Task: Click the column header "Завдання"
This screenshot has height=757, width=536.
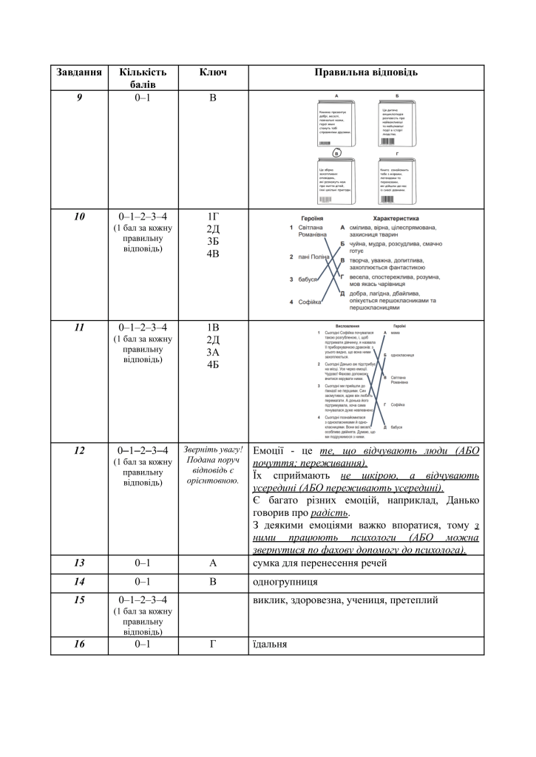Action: (x=78, y=72)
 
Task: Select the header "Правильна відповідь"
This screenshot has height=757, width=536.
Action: (x=366, y=72)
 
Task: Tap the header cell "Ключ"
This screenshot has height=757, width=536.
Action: (x=213, y=72)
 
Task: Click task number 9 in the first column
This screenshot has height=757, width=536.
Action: (x=79, y=97)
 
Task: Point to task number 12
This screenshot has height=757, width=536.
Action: (x=79, y=449)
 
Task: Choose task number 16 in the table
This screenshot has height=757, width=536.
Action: (x=79, y=644)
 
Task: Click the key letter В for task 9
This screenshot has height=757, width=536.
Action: (x=213, y=97)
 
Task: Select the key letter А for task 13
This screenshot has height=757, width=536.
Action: (x=213, y=563)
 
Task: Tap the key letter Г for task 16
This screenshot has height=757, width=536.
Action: (x=213, y=644)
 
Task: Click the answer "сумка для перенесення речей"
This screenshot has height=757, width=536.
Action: (x=319, y=563)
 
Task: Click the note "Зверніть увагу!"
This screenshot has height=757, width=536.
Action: (x=213, y=449)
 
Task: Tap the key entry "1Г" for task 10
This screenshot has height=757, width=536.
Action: (x=213, y=217)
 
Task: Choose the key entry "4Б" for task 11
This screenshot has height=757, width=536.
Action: (x=213, y=364)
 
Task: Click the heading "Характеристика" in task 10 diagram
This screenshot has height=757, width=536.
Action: (x=396, y=219)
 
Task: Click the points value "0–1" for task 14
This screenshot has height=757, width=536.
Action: (x=143, y=582)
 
